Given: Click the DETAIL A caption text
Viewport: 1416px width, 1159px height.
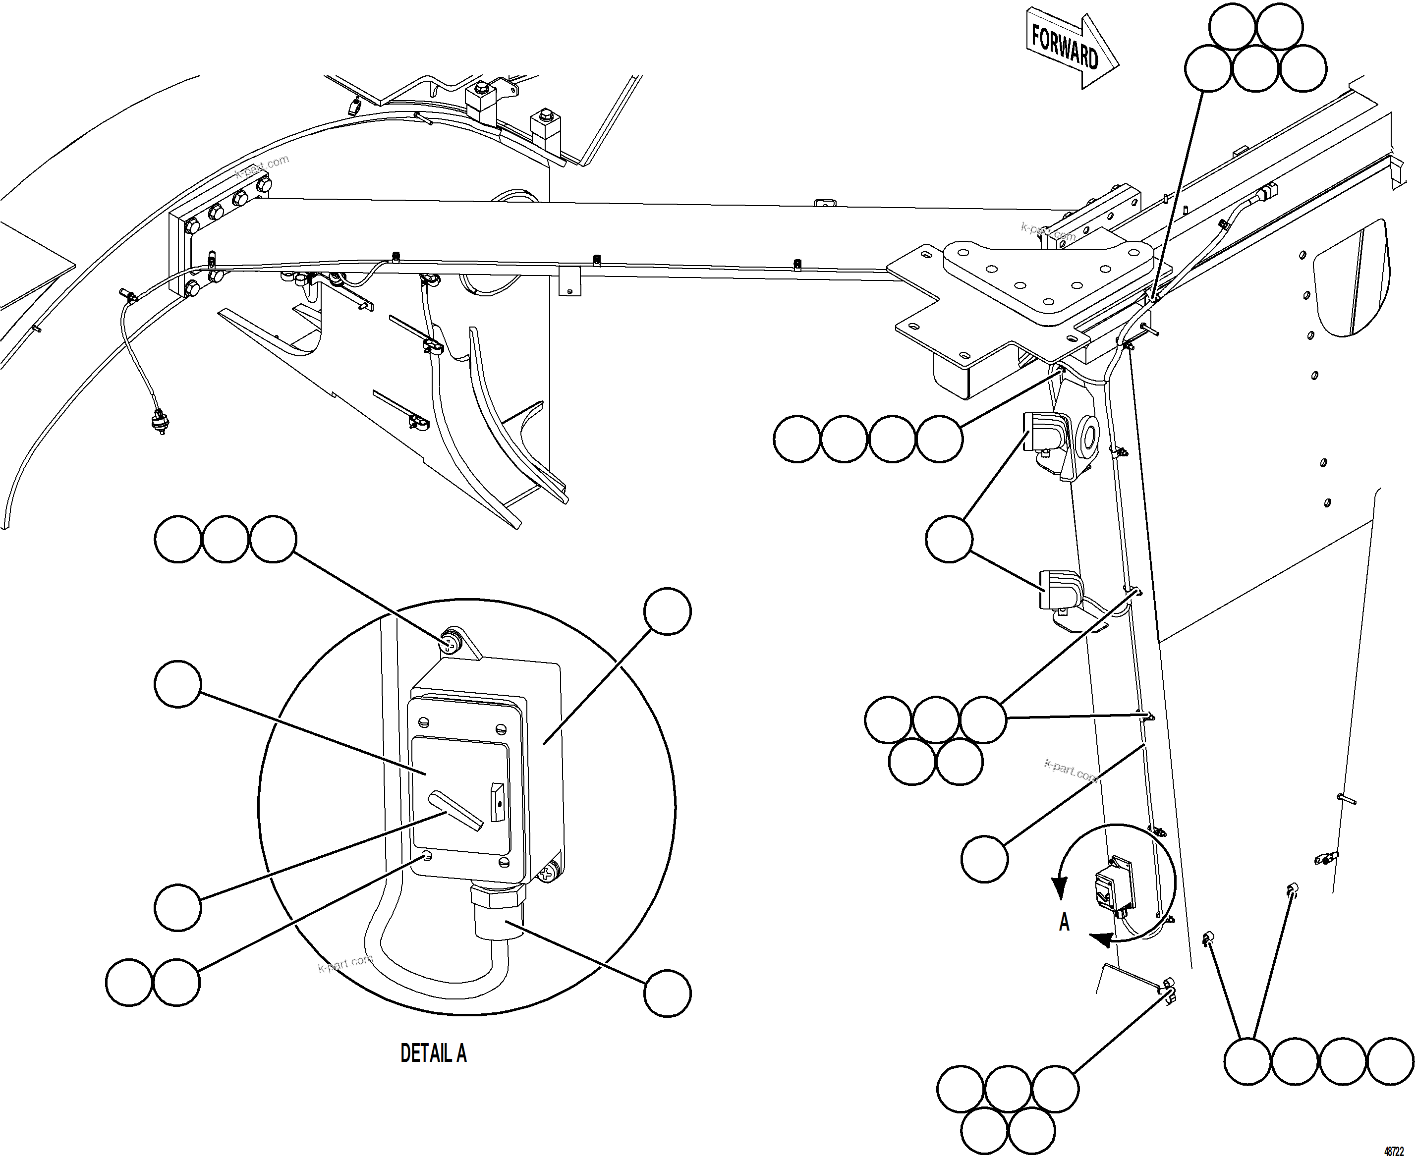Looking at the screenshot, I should (433, 1053).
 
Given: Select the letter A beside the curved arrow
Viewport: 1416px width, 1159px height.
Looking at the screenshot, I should (1064, 922).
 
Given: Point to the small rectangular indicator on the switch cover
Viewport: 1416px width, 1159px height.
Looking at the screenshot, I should (497, 801).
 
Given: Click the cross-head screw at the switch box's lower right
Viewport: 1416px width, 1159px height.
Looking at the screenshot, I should (548, 871).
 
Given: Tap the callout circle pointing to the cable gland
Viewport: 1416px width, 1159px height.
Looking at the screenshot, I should (667, 993).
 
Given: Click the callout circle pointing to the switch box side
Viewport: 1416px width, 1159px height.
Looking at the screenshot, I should (667, 611).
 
